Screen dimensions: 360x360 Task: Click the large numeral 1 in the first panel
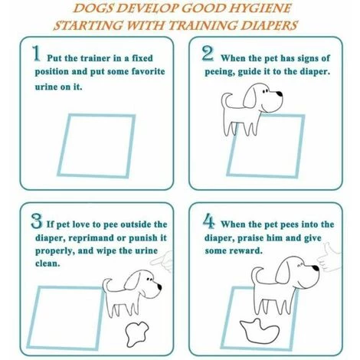tap(37, 53)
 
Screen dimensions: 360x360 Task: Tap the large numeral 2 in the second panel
tap(208, 53)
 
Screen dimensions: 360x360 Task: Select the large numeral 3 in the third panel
tap(36, 221)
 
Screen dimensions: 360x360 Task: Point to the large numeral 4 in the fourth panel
tap(209, 221)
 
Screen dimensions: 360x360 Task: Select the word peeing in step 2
tap(220, 72)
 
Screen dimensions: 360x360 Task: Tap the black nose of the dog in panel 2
tap(280, 93)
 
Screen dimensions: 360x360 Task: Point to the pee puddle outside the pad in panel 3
tap(136, 334)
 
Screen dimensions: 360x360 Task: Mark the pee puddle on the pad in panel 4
tap(260, 331)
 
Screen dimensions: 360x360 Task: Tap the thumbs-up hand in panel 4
tap(329, 257)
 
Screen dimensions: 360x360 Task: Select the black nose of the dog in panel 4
tap(316, 268)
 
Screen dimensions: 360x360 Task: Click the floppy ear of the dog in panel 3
tap(133, 280)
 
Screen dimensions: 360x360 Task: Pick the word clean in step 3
tap(47, 263)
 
